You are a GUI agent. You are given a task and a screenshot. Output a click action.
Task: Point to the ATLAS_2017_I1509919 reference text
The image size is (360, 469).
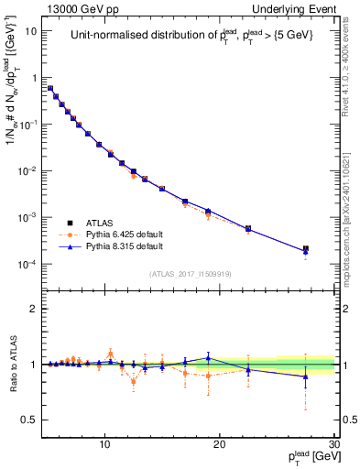[190, 272]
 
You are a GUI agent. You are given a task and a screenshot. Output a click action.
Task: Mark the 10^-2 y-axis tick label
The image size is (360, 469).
[27, 171]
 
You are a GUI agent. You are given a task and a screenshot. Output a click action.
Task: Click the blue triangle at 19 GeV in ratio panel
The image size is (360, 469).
[209, 358]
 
